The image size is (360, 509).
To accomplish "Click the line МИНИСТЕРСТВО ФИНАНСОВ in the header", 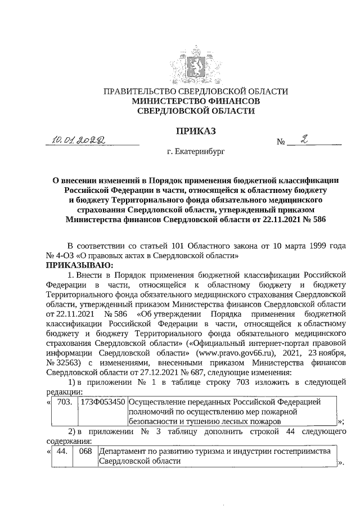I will pos(195,101).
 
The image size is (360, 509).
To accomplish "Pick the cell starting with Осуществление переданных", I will pos(232,411).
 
